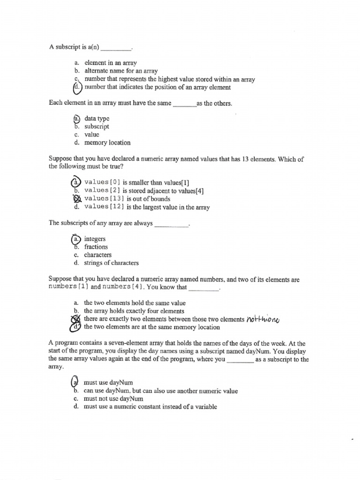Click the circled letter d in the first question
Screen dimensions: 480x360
[77, 87]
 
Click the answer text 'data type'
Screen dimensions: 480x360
[97, 119]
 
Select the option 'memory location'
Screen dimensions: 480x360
[107, 142]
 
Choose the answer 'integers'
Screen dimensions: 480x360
[95, 239]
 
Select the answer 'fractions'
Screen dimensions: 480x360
[96, 247]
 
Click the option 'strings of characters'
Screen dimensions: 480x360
[111, 263]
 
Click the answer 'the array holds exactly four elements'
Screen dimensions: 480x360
[134, 311]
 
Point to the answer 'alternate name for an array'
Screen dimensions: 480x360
[121, 71]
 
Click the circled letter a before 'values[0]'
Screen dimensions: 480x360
[75, 182]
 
